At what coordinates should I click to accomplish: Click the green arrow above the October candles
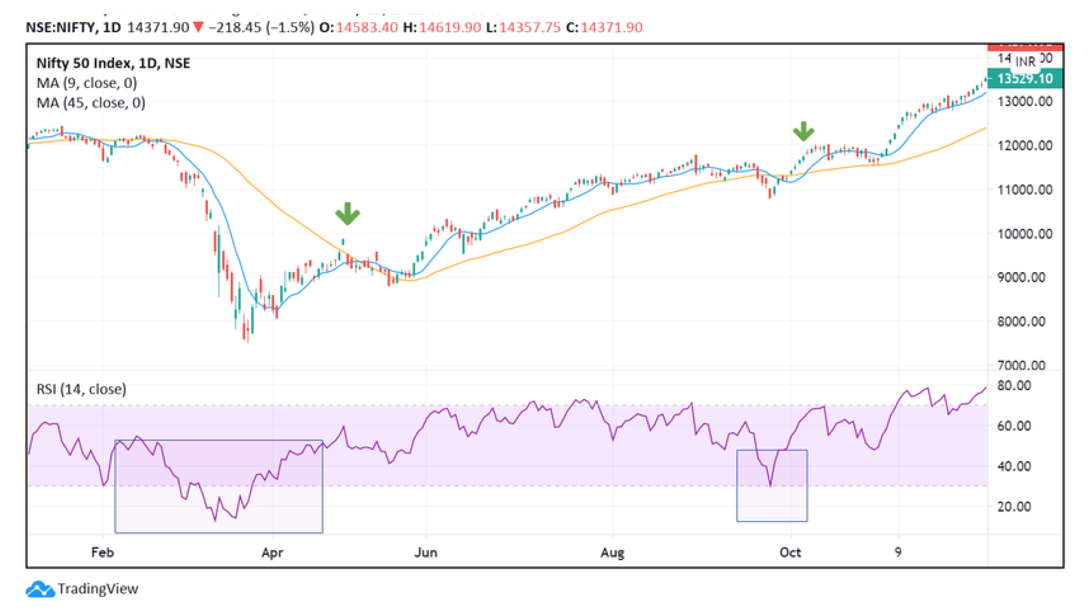tap(803, 131)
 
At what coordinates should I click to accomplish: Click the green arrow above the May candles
tap(347, 214)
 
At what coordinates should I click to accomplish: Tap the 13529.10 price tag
tap(1025, 79)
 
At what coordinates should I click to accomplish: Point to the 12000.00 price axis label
tap(1025, 146)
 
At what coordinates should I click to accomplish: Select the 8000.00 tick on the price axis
tap(1021, 321)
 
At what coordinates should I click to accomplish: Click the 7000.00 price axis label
tap(1021, 365)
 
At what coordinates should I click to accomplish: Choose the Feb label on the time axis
tap(102, 552)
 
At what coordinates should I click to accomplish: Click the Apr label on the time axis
tap(272, 552)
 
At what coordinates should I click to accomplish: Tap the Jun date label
tap(425, 552)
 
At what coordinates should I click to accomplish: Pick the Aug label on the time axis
tap(612, 552)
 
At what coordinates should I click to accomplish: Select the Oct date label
tap(790, 552)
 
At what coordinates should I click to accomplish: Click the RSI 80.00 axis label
tap(1014, 385)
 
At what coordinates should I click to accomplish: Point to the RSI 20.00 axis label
tap(1014, 506)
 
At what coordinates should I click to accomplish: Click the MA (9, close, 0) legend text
tap(87, 83)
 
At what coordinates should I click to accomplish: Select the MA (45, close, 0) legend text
tap(91, 102)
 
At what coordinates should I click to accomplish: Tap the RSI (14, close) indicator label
tap(81, 389)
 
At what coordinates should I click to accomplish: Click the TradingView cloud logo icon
tap(40, 589)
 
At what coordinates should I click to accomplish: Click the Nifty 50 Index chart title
tap(113, 63)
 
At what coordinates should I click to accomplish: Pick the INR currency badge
tap(1025, 62)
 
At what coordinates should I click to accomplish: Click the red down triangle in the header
tap(198, 27)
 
